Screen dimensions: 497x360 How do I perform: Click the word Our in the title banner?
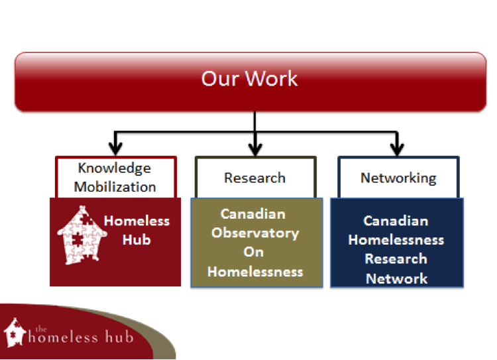(220, 78)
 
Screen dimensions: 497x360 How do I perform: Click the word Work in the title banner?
(272, 78)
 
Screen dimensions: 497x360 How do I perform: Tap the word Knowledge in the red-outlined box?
(115, 168)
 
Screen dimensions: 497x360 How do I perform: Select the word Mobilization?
(115, 187)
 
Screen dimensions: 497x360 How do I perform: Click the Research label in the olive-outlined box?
(255, 178)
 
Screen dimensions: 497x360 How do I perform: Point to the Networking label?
(398, 178)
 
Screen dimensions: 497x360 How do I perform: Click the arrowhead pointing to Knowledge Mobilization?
(115, 148)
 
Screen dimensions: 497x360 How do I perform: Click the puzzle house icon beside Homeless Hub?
(82, 235)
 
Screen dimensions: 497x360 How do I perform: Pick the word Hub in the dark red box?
(137, 240)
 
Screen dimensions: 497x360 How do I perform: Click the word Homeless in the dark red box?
(137, 221)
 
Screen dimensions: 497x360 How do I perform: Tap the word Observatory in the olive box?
(255, 233)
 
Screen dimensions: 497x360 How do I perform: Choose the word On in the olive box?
(254, 252)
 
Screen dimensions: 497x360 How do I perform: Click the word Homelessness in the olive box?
(255, 272)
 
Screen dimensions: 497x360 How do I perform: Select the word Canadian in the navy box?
(396, 221)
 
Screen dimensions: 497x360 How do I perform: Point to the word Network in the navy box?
(396, 279)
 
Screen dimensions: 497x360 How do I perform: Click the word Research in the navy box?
(396, 259)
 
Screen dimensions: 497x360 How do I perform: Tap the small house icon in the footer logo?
(15, 332)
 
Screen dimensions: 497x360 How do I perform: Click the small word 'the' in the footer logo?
(41, 329)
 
